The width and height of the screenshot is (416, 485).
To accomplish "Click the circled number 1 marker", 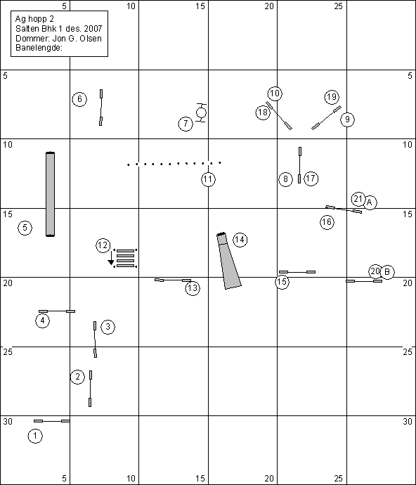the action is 35,436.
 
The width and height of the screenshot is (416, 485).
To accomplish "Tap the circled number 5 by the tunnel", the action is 25,228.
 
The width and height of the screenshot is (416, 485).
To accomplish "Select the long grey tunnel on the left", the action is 50,194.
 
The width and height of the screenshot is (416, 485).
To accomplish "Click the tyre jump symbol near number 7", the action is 202,112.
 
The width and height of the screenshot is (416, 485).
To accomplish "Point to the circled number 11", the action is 208,179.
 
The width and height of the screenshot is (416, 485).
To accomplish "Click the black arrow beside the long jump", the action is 111,258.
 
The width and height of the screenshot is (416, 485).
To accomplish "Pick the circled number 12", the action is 103,245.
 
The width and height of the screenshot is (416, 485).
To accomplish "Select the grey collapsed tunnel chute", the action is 228,261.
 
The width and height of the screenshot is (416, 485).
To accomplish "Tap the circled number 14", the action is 240,240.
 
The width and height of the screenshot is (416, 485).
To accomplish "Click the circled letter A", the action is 370,202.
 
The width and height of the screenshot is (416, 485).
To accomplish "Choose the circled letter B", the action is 387,272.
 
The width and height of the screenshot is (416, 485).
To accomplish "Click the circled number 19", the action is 332,97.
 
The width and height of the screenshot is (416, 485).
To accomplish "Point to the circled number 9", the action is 347,119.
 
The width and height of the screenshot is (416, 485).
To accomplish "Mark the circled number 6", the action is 79,99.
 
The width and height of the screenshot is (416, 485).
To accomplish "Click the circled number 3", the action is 108,327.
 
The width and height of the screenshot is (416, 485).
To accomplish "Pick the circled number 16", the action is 327,222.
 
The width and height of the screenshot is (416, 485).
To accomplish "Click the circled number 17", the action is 311,179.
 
